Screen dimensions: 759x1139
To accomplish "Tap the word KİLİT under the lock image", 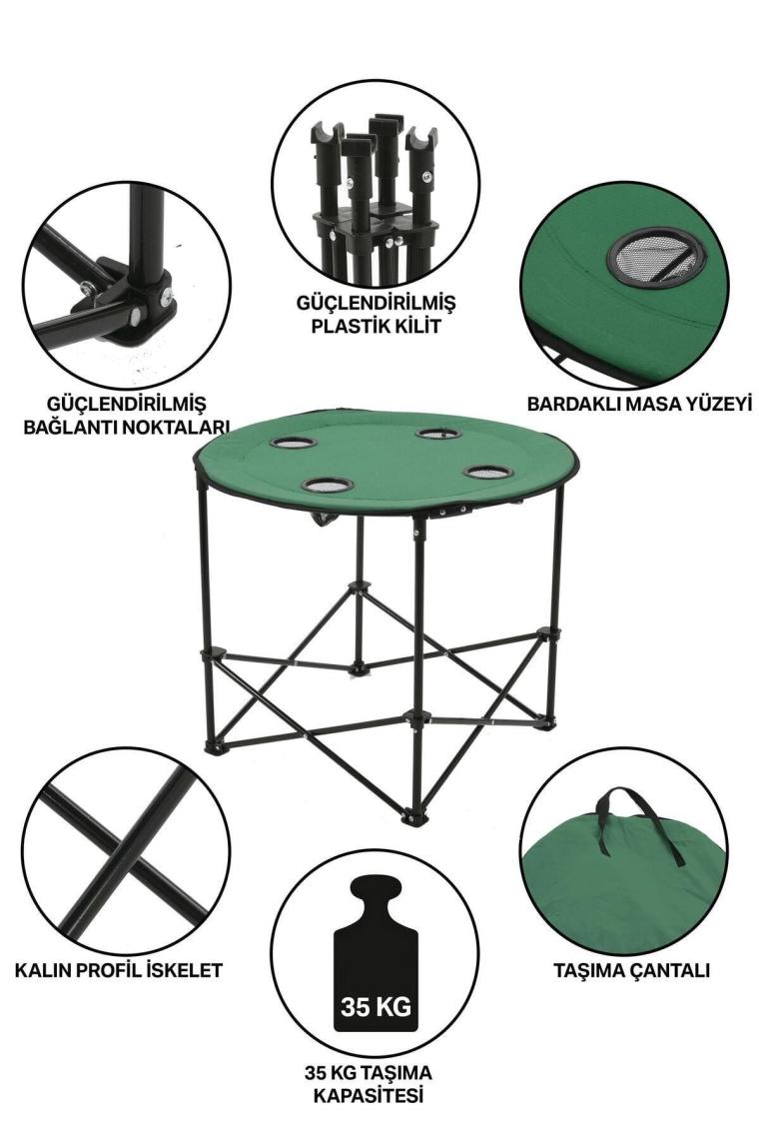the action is click(x=416, y=326).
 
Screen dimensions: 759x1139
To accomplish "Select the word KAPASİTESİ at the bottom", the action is click(x=369, y=1095).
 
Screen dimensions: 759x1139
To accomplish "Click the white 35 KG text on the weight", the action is click(x=376, y=1007).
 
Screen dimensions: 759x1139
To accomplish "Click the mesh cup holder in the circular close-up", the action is click(x=656, y=258).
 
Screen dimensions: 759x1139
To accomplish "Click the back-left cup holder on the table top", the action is click(x=294, y=442).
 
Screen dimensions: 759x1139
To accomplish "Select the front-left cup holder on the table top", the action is click(x=328, y=485).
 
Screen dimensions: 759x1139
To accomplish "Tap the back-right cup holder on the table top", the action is click(x=438, y=434).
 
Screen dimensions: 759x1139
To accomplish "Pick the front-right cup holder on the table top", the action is click(x=488, y=472).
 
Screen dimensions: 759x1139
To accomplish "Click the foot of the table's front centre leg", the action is click(x=411, y=818).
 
